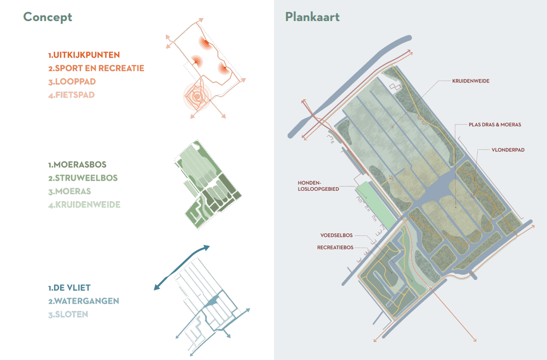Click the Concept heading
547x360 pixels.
[x=48, y=17]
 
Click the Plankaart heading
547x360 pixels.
[x=312, y=17]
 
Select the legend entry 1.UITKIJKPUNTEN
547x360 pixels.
[x=84, y=55]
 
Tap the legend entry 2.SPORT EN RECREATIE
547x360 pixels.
[x=96, y=68]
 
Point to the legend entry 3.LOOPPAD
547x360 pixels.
[x=72, y=82]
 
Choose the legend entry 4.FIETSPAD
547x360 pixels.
[x=72, y=95]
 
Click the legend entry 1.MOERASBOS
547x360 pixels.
[x=77, y=165]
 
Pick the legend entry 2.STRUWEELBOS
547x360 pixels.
[x=83, y=178]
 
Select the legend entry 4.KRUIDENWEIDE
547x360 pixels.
[x=84, y=205]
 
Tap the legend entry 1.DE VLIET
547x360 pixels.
[x=70, y=288]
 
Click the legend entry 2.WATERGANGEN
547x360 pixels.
[x=84, y=301]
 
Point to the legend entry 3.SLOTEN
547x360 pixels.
[x=68, y=314]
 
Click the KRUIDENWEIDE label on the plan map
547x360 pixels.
[x=470, y=81]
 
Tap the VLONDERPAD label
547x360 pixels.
[x=507, y=150]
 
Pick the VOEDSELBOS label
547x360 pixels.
[x=337, y=235]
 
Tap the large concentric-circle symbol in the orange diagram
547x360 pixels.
[x=197, y=96]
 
